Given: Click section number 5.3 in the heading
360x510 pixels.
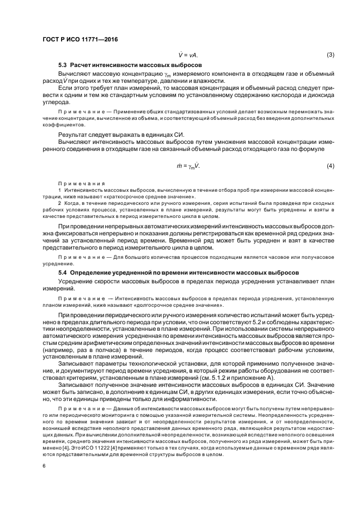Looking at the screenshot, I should click(x=64, y=65).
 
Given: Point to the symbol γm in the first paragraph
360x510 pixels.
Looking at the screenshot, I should click(x=167, y=74).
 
